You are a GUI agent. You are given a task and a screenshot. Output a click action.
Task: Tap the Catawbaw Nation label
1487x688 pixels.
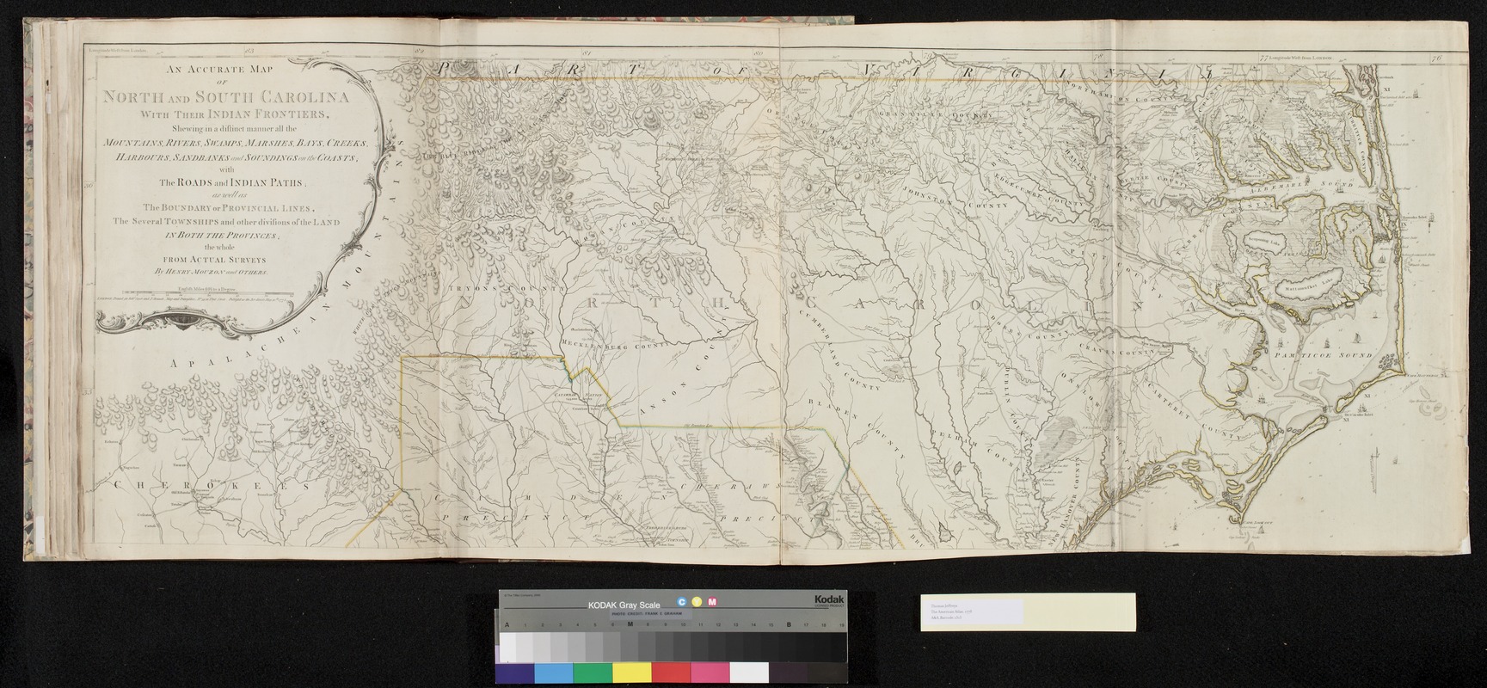[x=577, y=395]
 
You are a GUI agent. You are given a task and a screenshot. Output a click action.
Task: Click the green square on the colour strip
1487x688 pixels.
[x=593, y=673]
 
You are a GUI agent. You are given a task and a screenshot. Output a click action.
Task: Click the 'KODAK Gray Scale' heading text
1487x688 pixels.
[x=624, y=605]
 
